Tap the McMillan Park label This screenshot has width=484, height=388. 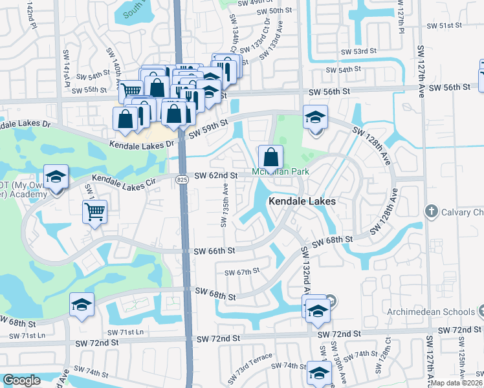pos(280,172)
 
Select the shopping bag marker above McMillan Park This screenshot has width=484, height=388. pos(270,157)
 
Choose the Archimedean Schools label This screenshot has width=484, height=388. pos(421,312)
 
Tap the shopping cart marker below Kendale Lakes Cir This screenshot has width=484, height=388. pos(94,211)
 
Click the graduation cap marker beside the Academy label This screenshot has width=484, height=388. pos(56,177)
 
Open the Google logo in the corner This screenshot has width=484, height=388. pos(21,380)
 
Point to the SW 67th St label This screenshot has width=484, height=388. pos(241,272)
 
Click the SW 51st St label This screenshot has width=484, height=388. pos(445,25)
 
